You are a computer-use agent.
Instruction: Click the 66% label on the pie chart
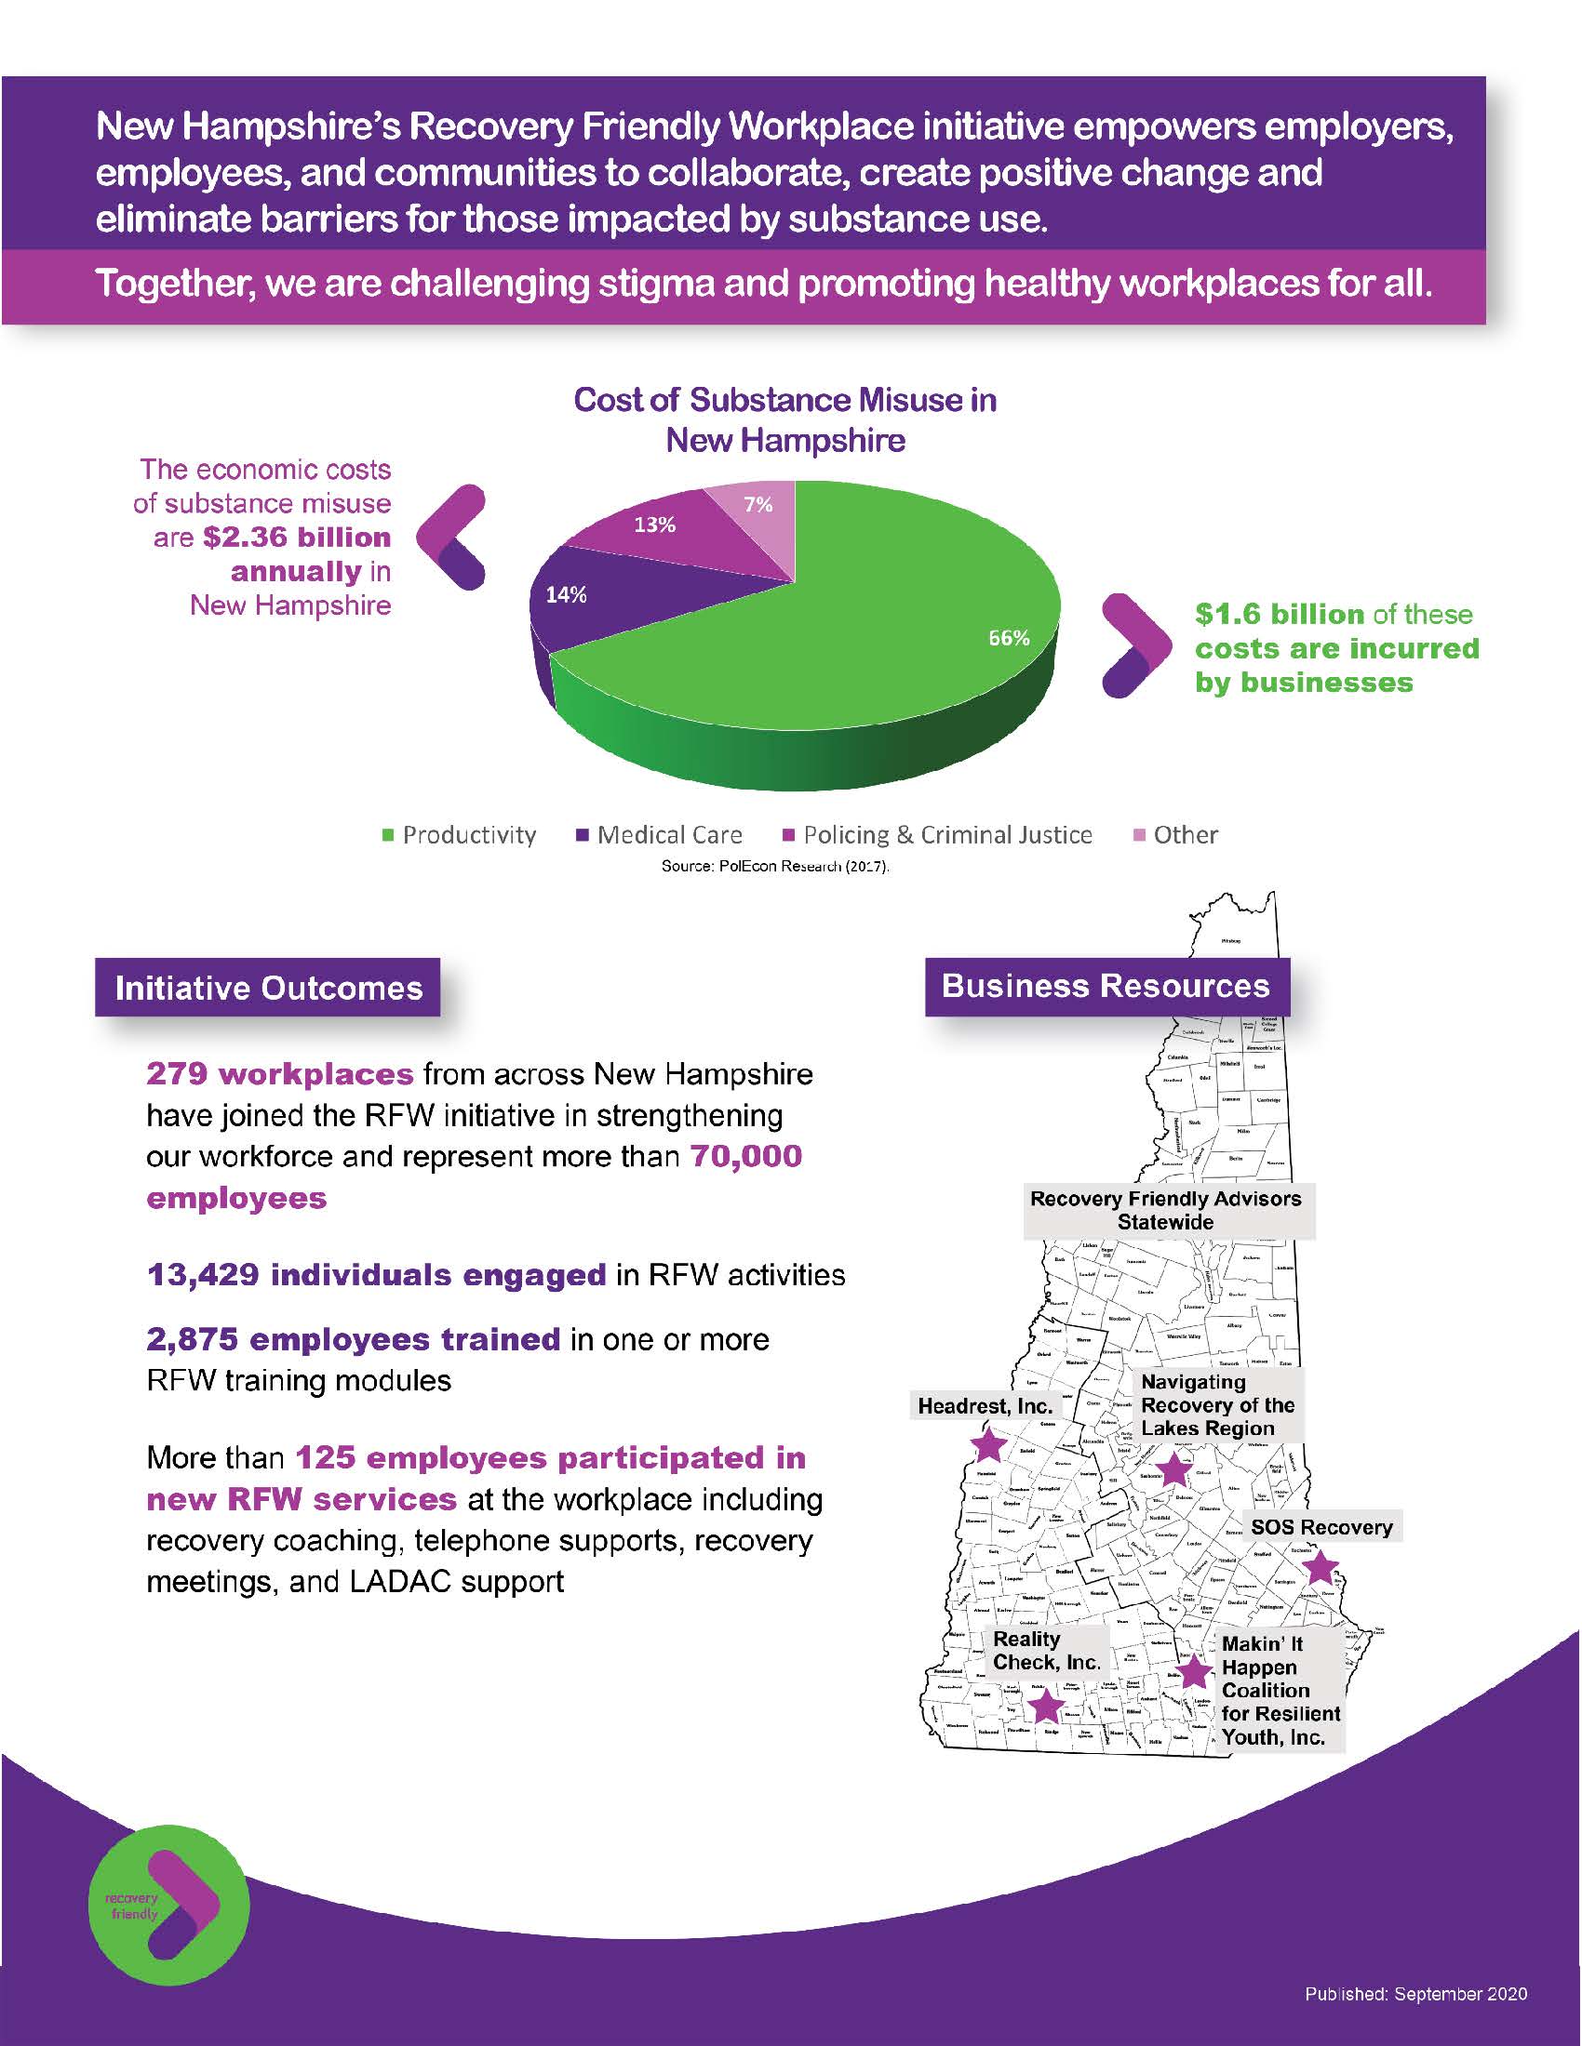point(1010,638)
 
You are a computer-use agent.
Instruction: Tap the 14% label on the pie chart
point(566,595)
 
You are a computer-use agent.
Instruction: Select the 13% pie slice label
point(654,525)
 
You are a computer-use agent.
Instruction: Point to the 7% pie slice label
point(757,505)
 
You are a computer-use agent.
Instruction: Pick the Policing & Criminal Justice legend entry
point(937,835)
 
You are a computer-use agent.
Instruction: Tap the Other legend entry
point(1176,835)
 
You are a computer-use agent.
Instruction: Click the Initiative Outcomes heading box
point(268,988)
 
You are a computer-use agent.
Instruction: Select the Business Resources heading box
point(1106,986)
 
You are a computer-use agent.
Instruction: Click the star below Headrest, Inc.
point(987,1444)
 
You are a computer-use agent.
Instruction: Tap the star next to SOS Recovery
point(1320,1566)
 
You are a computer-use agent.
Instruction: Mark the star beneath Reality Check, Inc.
point(1046,1706)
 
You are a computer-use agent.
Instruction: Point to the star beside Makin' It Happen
point(1194,1672)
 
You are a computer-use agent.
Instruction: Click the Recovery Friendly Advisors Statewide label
point(1166,1209)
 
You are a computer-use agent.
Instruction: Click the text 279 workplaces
point(279,1073)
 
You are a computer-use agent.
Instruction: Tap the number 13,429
point(204,1275)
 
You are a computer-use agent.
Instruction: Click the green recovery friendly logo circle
point(168,1906)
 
